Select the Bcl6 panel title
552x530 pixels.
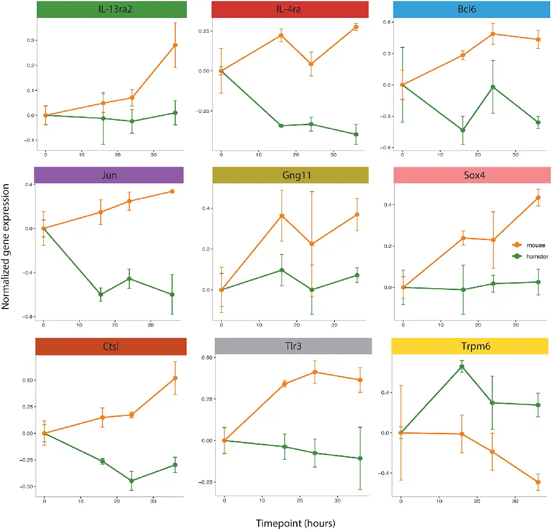pos(466,10)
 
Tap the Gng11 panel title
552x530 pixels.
pos(296,175)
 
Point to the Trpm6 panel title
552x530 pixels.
pos(475,346)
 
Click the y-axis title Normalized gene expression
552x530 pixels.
pos(6,246)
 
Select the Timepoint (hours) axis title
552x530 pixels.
pos(295,523)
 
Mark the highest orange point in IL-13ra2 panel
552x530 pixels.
pos(175,45)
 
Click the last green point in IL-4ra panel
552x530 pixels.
pos(356,134)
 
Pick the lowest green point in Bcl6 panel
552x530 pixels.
pos(463,130)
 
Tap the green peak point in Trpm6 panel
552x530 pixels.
pos(462,367)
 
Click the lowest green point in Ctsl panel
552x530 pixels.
pos(132,481)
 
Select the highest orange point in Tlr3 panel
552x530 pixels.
pos(315,372)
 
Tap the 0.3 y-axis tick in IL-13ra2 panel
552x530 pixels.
pos(31,41)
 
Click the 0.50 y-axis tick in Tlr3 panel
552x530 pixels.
pos(207,358)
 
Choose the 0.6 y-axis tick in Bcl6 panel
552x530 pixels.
pos(387,22)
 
